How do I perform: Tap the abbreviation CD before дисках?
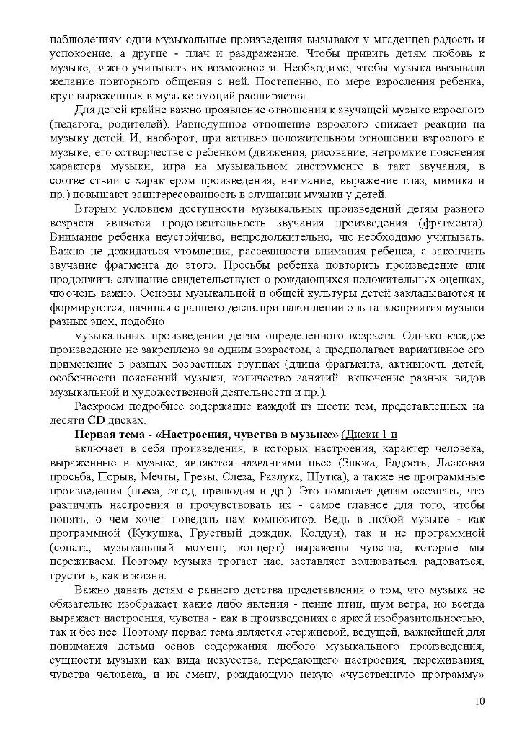click(97, 421)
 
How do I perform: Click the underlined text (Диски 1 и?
click(369, 435)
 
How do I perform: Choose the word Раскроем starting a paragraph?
click(99, 407)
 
